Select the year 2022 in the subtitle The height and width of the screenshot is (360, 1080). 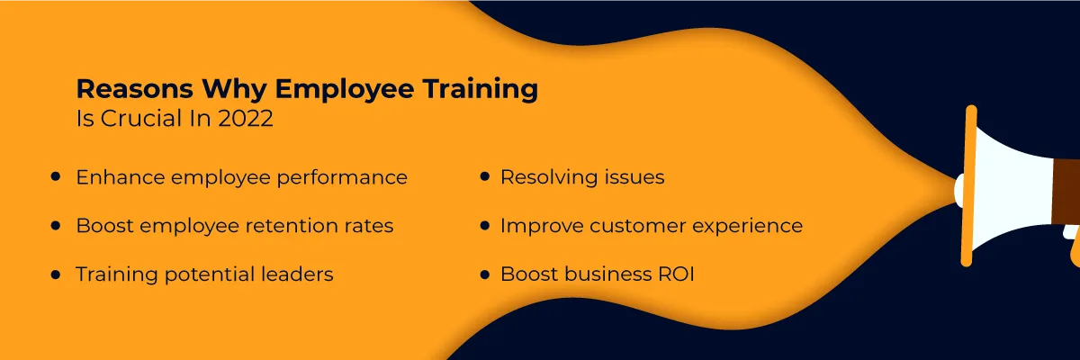[x=246, y=120]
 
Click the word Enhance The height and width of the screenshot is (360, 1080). [x=114, y=177]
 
